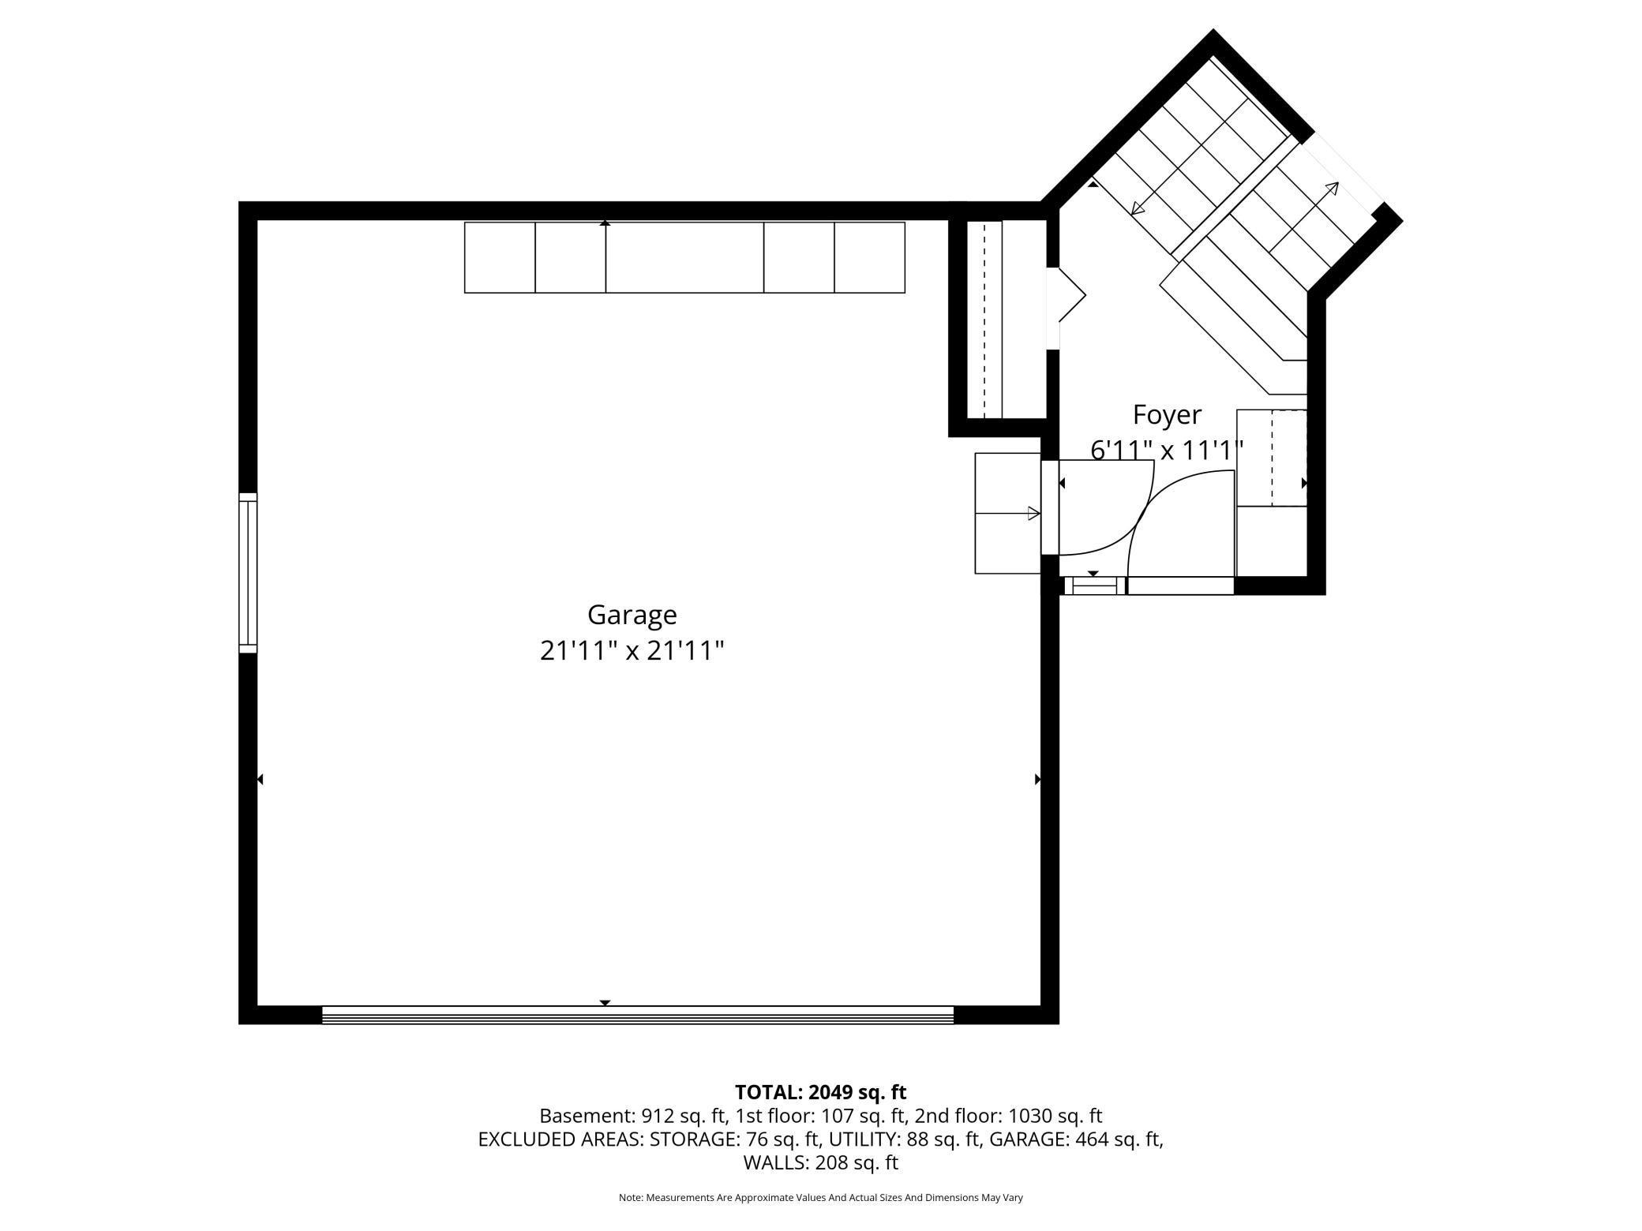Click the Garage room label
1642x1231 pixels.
[x=632, y=615]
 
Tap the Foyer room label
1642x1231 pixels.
[x=1167, y=415]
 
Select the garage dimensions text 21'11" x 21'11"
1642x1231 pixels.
[x=632, y=651]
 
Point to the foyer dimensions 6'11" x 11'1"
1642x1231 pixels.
[x=1167, y=451]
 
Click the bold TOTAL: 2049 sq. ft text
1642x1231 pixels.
[x=820, y=1092]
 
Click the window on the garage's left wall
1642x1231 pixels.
[x=248, y=573]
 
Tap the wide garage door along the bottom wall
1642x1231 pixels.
[x=638, y=1015]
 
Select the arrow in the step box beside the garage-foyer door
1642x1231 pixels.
[x=1008, y=514]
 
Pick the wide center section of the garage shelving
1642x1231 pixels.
[x=684, y=257]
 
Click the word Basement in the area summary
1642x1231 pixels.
[x=584, y=1116]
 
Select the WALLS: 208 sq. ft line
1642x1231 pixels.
[x=820, y=1162]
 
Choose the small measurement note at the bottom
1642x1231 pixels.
[x=820, y=1198]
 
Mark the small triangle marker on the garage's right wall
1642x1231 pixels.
[x=1038, y=780]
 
